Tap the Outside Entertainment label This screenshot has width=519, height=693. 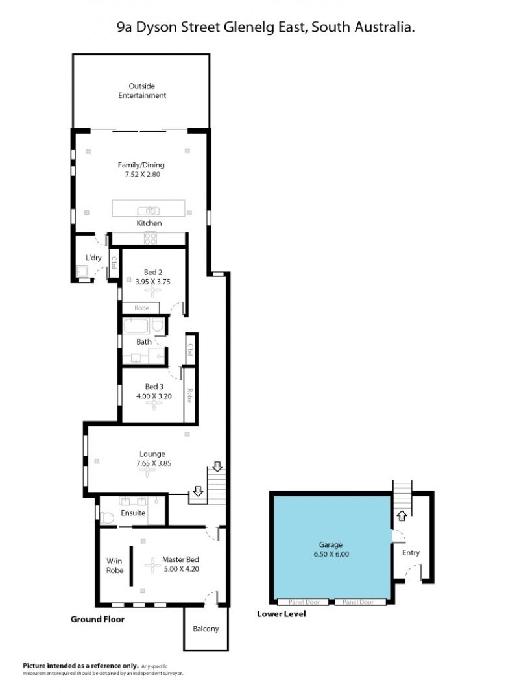[142, 91]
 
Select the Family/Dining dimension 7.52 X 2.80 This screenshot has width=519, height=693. [142, 174]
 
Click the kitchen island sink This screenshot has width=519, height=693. [149, 211]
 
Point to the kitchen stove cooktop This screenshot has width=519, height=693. [150, 238]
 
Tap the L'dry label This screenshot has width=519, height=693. [93, 257]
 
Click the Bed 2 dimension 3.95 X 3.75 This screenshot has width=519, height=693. [153, 282]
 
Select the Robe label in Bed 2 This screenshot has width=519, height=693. [141, 308]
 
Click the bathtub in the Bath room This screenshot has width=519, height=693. [137, 326]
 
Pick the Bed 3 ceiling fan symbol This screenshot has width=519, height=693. [154, 404]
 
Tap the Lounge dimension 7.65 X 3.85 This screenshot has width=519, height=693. [154, 463]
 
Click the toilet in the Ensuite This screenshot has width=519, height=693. [107, 518]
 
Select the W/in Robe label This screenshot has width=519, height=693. [114, 566]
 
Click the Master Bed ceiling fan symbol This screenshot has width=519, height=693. [153, 565]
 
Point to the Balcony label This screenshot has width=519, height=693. [206, 629]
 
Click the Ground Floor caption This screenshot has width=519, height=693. [97, 619]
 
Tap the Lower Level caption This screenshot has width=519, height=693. [282, 614]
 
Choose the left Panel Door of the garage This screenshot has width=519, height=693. [304, 602]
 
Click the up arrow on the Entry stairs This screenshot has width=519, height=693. [402, 515]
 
